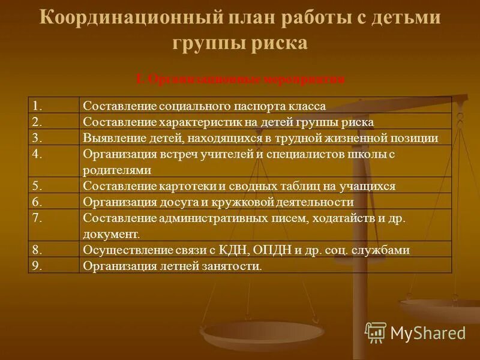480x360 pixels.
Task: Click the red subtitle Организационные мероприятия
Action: (x=240, y=79)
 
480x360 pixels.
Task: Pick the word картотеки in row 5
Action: (x=182, y=186)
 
